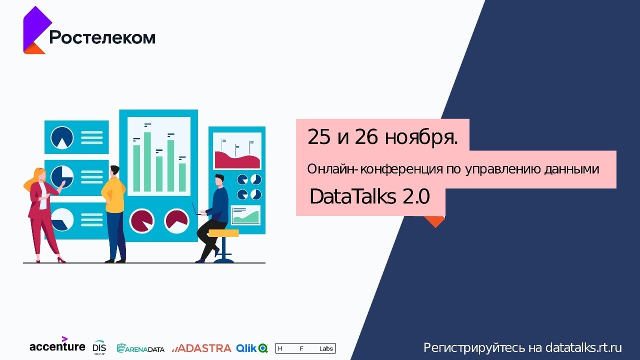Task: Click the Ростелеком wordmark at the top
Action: tap(102, 37)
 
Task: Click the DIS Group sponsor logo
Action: tap(99, 347)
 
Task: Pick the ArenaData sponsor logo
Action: tap(140, 348)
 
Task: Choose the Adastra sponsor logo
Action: tap(201, 348)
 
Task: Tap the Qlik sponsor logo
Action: tap(252, 348)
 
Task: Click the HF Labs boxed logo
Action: tap(305, 348)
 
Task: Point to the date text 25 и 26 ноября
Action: tap(382, 136)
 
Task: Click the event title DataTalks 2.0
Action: tap(369, 197)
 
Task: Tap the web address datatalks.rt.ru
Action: tap(583, 347)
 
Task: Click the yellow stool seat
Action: tap(223, 233)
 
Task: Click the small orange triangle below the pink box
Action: tap(434, 221)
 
